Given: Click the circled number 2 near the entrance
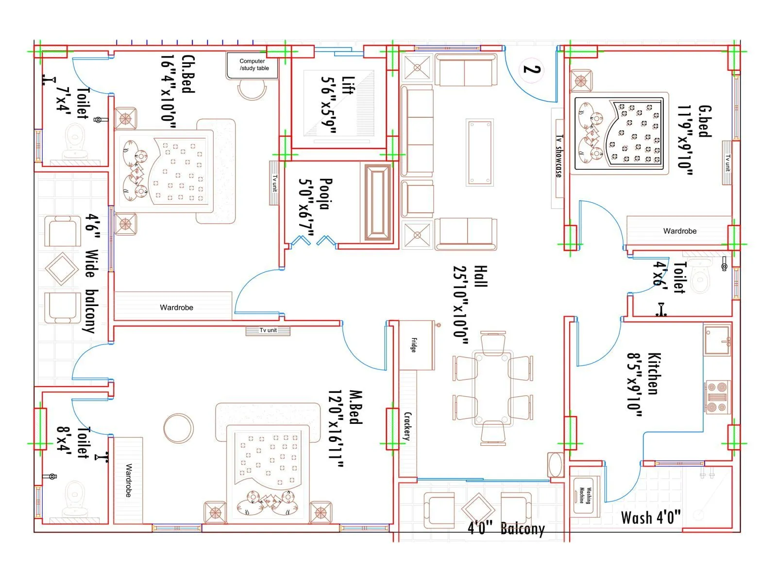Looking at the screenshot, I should [x=532, y=69].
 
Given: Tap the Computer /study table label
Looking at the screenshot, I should [x=253, y=65].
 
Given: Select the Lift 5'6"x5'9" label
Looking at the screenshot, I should [x=338, y=104].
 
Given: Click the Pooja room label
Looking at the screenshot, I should [x=316, y=194].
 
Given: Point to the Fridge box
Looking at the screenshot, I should [x=416, y=345].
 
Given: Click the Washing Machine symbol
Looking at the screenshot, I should [x=586, y=496].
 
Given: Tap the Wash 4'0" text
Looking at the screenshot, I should [x=651, y=517].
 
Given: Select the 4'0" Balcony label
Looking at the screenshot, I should [x=506, y=528].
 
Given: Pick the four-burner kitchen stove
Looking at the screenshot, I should [x=717, y=397].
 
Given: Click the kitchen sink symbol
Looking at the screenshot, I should [x=717, y=339].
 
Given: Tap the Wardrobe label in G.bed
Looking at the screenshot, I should [x=679, y=231].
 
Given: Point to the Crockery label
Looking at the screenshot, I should [x=407, y=426].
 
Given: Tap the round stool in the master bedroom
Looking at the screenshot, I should [x=178, y=428].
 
